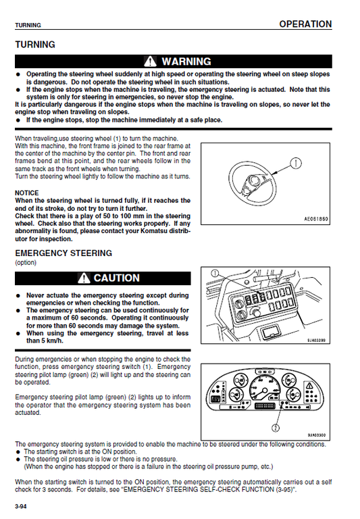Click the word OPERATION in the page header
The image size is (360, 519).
pyautogui.click(x=305, y=24)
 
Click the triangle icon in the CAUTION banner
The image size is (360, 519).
pyautogui.click(x=84, y=278)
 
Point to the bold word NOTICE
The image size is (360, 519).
pyautogui.click(x=27, y=193)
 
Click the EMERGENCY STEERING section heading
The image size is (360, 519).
pyautogui.click(x=63, y=253)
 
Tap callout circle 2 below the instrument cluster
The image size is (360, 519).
pyautogui.click(x=275, y=427)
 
